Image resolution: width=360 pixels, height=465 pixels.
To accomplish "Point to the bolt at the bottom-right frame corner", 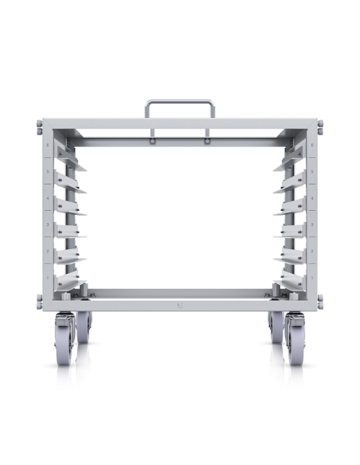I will [322, 301].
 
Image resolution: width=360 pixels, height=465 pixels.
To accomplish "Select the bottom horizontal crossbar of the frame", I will [179, 296].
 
